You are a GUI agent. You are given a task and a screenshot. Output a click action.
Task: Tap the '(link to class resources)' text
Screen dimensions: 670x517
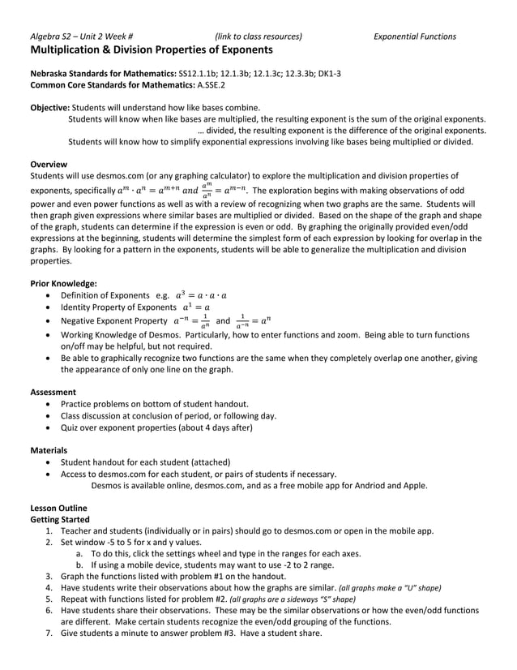tap(258, 37)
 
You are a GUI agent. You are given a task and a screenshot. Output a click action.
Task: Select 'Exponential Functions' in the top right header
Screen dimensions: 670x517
tap(414, 37)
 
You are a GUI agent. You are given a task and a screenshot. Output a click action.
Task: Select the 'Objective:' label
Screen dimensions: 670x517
tap(50, 108)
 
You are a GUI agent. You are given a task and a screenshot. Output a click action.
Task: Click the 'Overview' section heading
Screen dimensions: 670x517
tap(49, 164)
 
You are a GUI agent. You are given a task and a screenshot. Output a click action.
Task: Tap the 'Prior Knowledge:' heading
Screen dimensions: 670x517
tap(63, 284)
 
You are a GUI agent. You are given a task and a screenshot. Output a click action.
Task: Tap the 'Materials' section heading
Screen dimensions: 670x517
tap(49, 450)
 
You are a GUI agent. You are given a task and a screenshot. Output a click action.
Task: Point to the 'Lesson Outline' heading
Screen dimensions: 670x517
tap(58, 508)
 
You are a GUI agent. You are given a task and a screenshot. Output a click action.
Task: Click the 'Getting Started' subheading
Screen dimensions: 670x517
tap(60, 519)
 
